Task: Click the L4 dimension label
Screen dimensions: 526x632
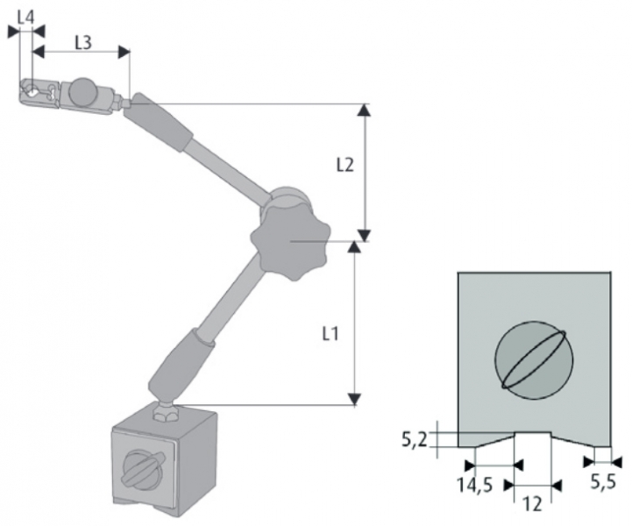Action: [x=25, y=17]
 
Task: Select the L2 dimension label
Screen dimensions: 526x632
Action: [x=345, y=165]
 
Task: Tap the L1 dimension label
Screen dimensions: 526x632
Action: [x=330, y=333]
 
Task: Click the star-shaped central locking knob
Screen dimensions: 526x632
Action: [x=288, y=237]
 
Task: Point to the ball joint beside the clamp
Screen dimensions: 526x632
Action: [x=85, y=90]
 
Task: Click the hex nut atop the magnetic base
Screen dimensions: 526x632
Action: [x=165, y=410]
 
